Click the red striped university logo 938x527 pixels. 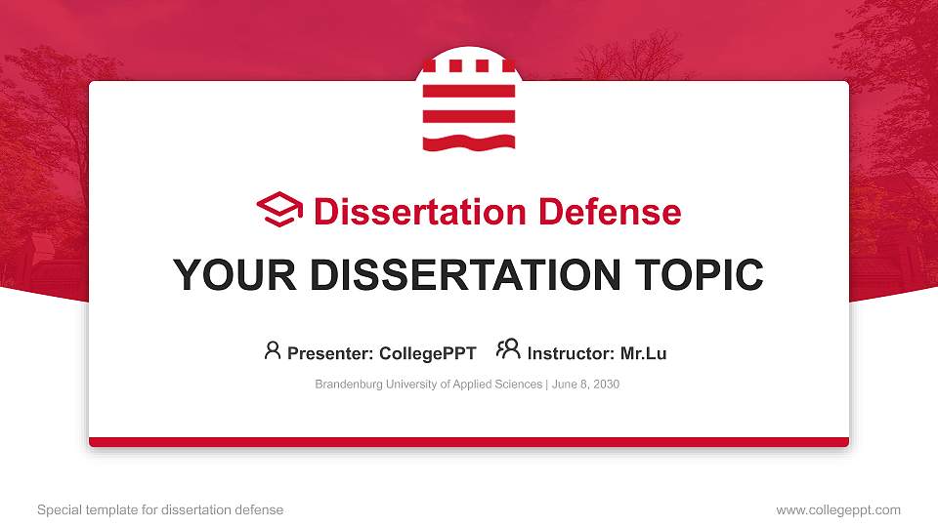(x=469, y=103)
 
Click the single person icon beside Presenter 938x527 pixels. (x=273, y=350)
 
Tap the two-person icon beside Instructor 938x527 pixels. (x=508, y=350)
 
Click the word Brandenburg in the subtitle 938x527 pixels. (x=348, y=385)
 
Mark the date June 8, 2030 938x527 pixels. (x=585, y=385)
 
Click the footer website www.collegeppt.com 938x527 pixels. (x=838, y=509)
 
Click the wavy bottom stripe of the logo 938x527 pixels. (x=469, y=142)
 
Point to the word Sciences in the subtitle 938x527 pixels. (x=519, y=385)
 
